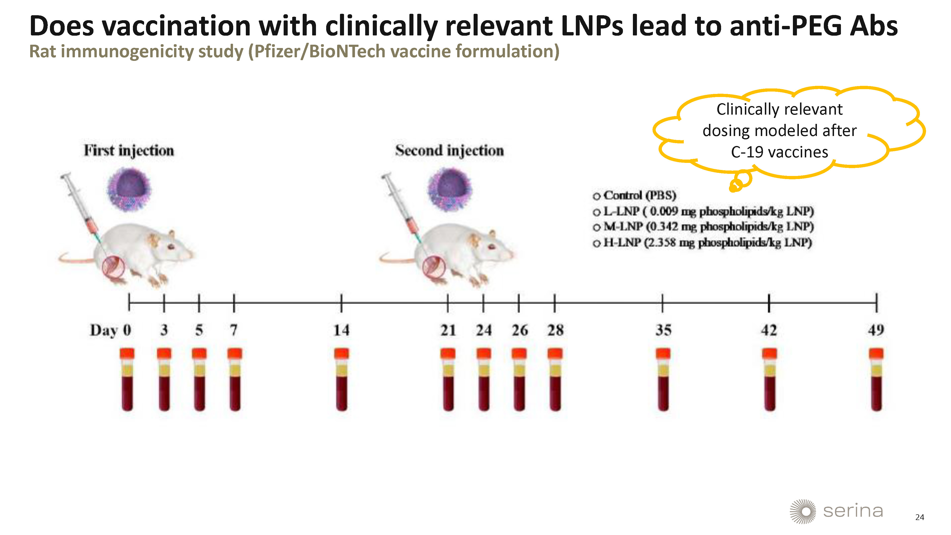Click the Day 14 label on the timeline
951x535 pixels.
click(x=341, y=330)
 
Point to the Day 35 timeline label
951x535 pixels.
click(x=663, y=330)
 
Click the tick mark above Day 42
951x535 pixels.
click(x=769, y=303)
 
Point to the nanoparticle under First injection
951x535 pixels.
click(x=129, y=190)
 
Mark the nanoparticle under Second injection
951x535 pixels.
click(x=450, y=190)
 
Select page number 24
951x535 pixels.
click(x=920, y=517)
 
